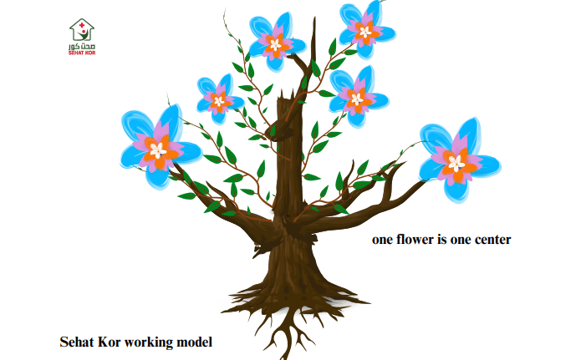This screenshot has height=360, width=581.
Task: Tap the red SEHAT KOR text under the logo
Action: click(x=81, y=53)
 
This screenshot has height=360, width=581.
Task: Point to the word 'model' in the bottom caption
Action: click(x=196, y=342)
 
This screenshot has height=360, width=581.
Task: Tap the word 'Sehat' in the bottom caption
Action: click(x=78, y=342)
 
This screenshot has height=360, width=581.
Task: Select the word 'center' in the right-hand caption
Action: click(x=489, y=240)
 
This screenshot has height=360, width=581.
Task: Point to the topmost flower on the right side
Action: click(x=364, y=29)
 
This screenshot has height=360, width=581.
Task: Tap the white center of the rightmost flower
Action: click(x=456, y=161)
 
